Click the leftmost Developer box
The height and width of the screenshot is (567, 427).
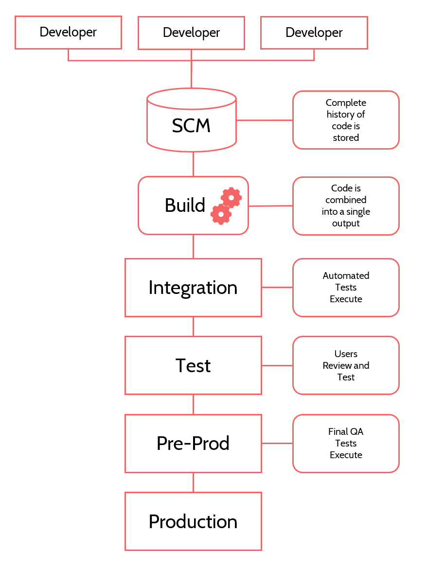click(x=68, y=33)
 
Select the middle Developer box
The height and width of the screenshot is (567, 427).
click(x=191, y=33)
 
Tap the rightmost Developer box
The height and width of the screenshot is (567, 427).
click(x=314, y=33)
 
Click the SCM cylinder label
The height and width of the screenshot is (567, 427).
click(x=191, y=126)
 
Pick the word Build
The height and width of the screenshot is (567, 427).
click(x=185, y=206)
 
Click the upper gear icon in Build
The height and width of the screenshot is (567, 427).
click(x=231, y=197)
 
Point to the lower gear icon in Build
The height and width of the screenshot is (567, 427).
click(x=221, y=214)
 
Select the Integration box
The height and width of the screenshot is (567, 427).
click(x=193, y=288)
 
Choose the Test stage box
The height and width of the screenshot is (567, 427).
click(x=193, y=365)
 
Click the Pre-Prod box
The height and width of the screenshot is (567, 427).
click(x=193, y=443)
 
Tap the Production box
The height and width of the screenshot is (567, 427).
click(x=193, y=521)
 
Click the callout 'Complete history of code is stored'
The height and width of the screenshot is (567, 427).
click(x=346, y=120)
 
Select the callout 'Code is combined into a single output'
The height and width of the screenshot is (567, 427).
click(x=346, y=206)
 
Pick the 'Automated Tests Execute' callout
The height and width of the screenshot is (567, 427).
click(x=346, y=288)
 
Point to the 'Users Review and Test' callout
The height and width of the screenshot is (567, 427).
click(x=346, y=365)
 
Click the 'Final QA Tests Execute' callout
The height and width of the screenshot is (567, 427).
click(x=346, y=443)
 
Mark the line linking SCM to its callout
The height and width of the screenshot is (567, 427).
click(x=265, y=120)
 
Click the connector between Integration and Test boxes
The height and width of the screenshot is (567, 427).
click(x=193, y=326)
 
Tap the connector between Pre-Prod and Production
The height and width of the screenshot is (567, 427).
click(x=193, y=482)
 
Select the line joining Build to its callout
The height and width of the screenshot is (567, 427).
click(x=270, y=206)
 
